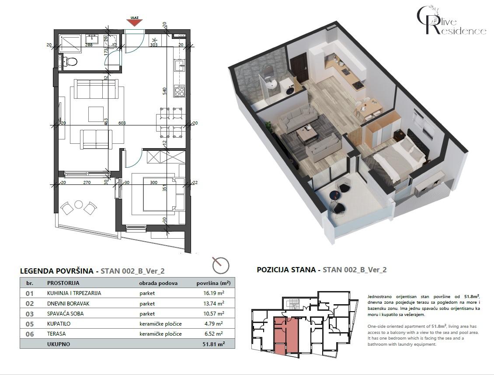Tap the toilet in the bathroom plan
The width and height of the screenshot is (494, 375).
[70, 61]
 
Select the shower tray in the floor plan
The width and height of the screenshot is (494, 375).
[70, 43]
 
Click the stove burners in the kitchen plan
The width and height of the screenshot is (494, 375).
[179, 92]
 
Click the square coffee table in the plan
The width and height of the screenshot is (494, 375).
[96, 114]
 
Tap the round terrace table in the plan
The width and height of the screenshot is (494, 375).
[79, 204]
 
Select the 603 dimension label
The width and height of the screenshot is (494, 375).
[122, 123]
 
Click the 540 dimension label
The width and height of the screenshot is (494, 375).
[165, 91]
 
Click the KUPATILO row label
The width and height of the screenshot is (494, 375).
[59, 324]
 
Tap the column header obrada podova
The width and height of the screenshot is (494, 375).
[158, 283]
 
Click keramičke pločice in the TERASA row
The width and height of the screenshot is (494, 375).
[160, 334]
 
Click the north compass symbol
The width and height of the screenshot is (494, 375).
[220, 264]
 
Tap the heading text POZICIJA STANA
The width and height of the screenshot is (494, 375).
[288, 270]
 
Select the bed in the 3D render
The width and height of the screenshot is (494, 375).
[398, 157]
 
